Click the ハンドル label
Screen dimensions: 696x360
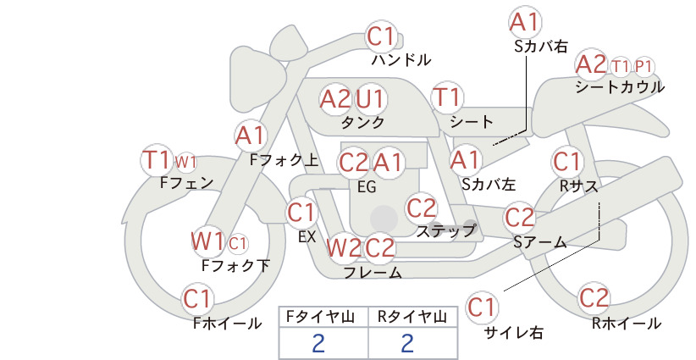pos(400,59)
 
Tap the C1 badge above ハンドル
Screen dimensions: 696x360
pos(381,36)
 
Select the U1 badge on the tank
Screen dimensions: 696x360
pos(370,98)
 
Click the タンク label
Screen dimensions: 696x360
pos(362,122)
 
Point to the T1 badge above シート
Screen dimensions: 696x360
pos(447,97)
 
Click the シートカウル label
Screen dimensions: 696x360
pos(620,86)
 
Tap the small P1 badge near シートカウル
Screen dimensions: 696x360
pos(644,67)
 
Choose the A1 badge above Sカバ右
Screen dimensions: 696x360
pos(526,22)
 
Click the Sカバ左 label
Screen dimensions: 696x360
pos(489,184)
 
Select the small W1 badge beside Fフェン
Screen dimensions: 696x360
pos(185,163)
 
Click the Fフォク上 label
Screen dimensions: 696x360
pos(284,160)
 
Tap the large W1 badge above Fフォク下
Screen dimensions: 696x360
pos(207,242)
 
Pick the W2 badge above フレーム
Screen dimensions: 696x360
pos(344,247)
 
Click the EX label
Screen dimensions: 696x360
pos(307,237)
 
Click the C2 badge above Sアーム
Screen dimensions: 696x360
pos(519,218)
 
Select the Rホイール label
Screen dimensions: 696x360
pos(627,324)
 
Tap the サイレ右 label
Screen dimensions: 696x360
pos(514,333)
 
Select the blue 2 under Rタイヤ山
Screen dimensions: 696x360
pos(407,343)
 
